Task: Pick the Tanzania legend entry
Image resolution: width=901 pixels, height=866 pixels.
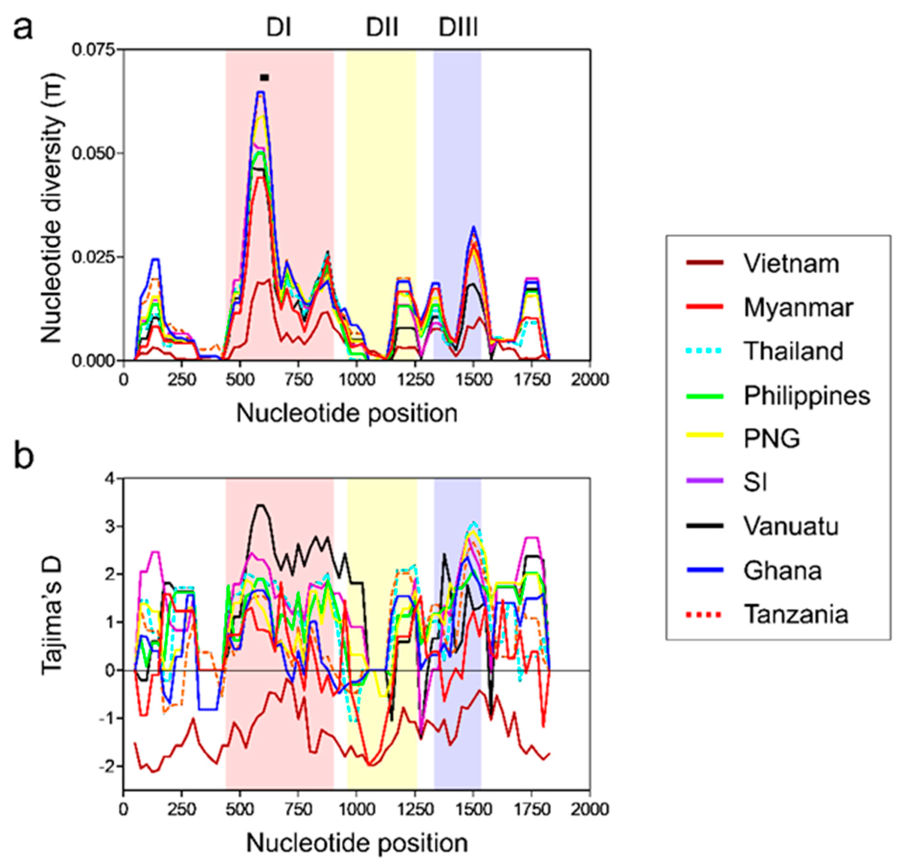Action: [x=796, y=614]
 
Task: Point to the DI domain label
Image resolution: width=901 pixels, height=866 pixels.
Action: [x=279, y=28]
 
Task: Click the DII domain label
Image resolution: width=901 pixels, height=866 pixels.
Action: [x=381, y=28]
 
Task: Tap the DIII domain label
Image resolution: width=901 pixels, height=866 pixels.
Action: [x=458, y=28]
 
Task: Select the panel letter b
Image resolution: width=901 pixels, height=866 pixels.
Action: [x=24, y=457]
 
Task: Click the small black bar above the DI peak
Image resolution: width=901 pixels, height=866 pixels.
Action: [x=264, y=78]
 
